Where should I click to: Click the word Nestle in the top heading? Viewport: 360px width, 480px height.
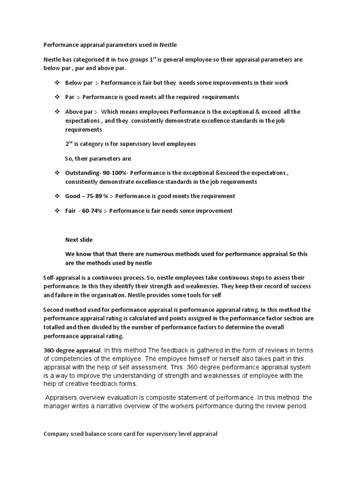[x=168, y=45]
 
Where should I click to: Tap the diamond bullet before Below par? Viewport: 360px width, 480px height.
[x=57, y=83]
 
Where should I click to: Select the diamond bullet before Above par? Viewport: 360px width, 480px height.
[x=57, y=112]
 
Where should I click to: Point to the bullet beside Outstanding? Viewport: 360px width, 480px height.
[x=57, y=173]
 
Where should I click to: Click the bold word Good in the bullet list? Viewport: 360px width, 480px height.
[x=72, y=196]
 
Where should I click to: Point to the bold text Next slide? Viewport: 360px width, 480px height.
[x=79, y=240]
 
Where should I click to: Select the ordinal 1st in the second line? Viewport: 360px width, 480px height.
[x=152, y=60]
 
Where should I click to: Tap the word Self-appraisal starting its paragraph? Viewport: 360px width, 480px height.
[x=60, y=278]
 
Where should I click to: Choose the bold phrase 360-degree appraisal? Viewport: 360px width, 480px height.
[x=72, y=350]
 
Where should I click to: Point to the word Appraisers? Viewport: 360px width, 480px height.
[x=62, y=398]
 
